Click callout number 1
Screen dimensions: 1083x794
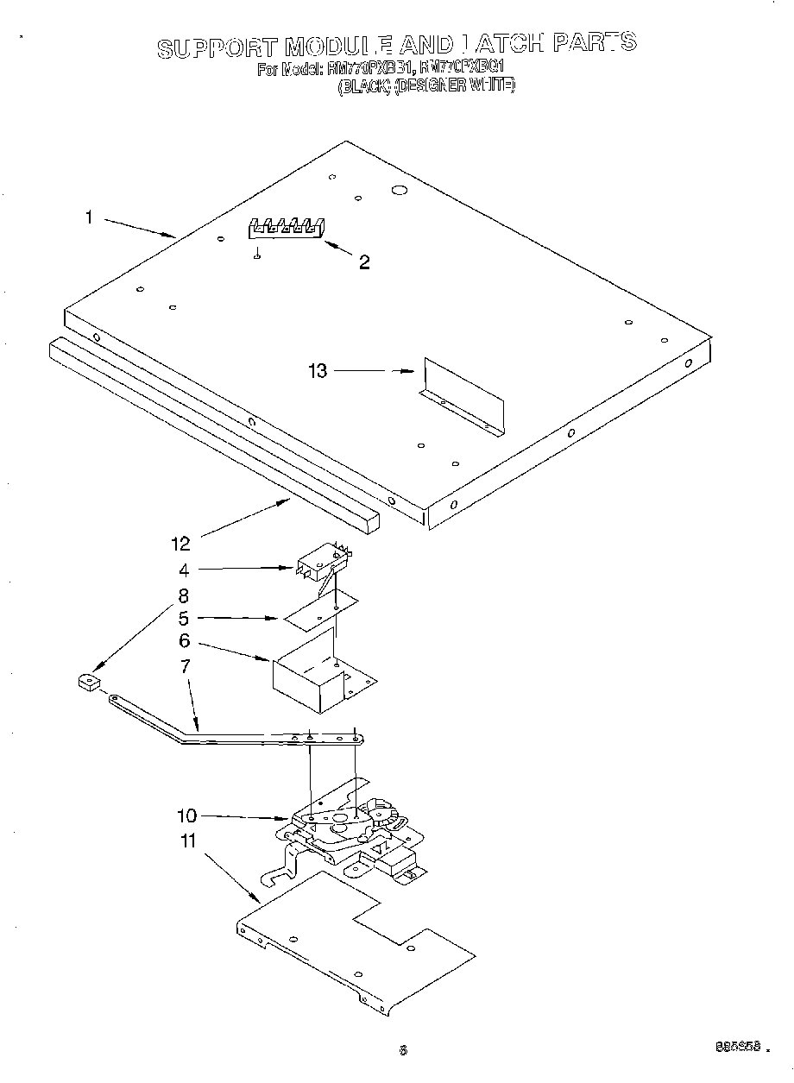coord(88,217)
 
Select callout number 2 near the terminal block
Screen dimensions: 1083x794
coord(364,262)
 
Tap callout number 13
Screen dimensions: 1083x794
coord(318,371)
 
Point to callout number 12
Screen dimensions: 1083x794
coord(180,543)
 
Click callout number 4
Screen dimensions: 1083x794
coord(183,570)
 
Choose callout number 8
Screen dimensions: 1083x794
coord(183,595)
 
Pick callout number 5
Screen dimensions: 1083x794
coord(183,619)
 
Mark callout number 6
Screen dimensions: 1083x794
coord(183,642)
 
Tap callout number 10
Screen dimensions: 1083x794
coord(187,815)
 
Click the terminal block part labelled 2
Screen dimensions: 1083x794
coord(287,228)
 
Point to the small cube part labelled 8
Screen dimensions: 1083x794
coord(88,684)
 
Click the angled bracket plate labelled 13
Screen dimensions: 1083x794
coord(462,395)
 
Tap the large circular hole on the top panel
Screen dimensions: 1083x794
coord(399,189)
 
